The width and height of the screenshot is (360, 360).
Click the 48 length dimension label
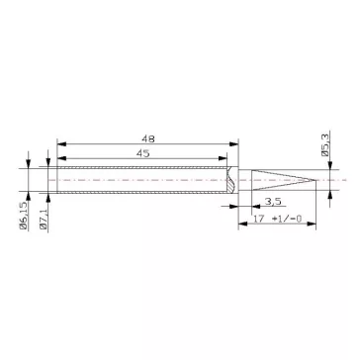click(145, 139)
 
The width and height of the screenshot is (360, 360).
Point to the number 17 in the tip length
click(258, 220)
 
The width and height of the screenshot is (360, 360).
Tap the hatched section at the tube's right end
click(230, 181)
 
